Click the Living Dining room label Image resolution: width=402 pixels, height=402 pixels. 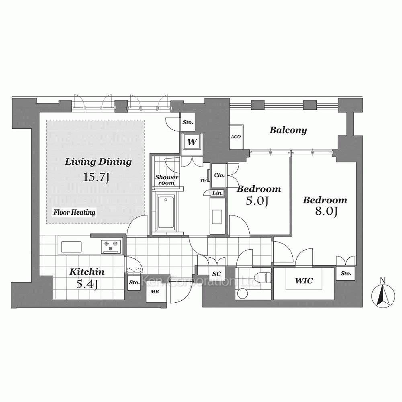point(98,162)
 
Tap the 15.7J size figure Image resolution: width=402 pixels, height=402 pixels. point(96,177)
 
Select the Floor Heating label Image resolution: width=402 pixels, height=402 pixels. point(74,212)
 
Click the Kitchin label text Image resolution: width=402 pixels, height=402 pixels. point(87,272)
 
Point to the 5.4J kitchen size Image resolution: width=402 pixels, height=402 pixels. point(87,284)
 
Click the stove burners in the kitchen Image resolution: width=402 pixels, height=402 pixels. point(111,246)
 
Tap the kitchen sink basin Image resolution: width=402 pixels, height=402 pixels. point(71,247)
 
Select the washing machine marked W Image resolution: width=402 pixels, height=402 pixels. point(192,142)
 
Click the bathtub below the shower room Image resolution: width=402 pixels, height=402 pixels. point(166,212)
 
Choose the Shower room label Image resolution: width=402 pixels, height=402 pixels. point(167,180)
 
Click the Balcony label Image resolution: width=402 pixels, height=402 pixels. point(288,130)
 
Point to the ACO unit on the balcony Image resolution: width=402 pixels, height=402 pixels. point(236,137)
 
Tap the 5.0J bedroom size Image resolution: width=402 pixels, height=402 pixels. point(257,201)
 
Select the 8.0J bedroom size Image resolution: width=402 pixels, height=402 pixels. point(326,211)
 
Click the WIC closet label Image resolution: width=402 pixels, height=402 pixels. point(304,281)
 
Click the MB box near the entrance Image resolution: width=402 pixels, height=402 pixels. point(155,291)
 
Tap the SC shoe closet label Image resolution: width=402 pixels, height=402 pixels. point(216,274)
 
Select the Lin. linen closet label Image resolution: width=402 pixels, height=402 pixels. point(217,193)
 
